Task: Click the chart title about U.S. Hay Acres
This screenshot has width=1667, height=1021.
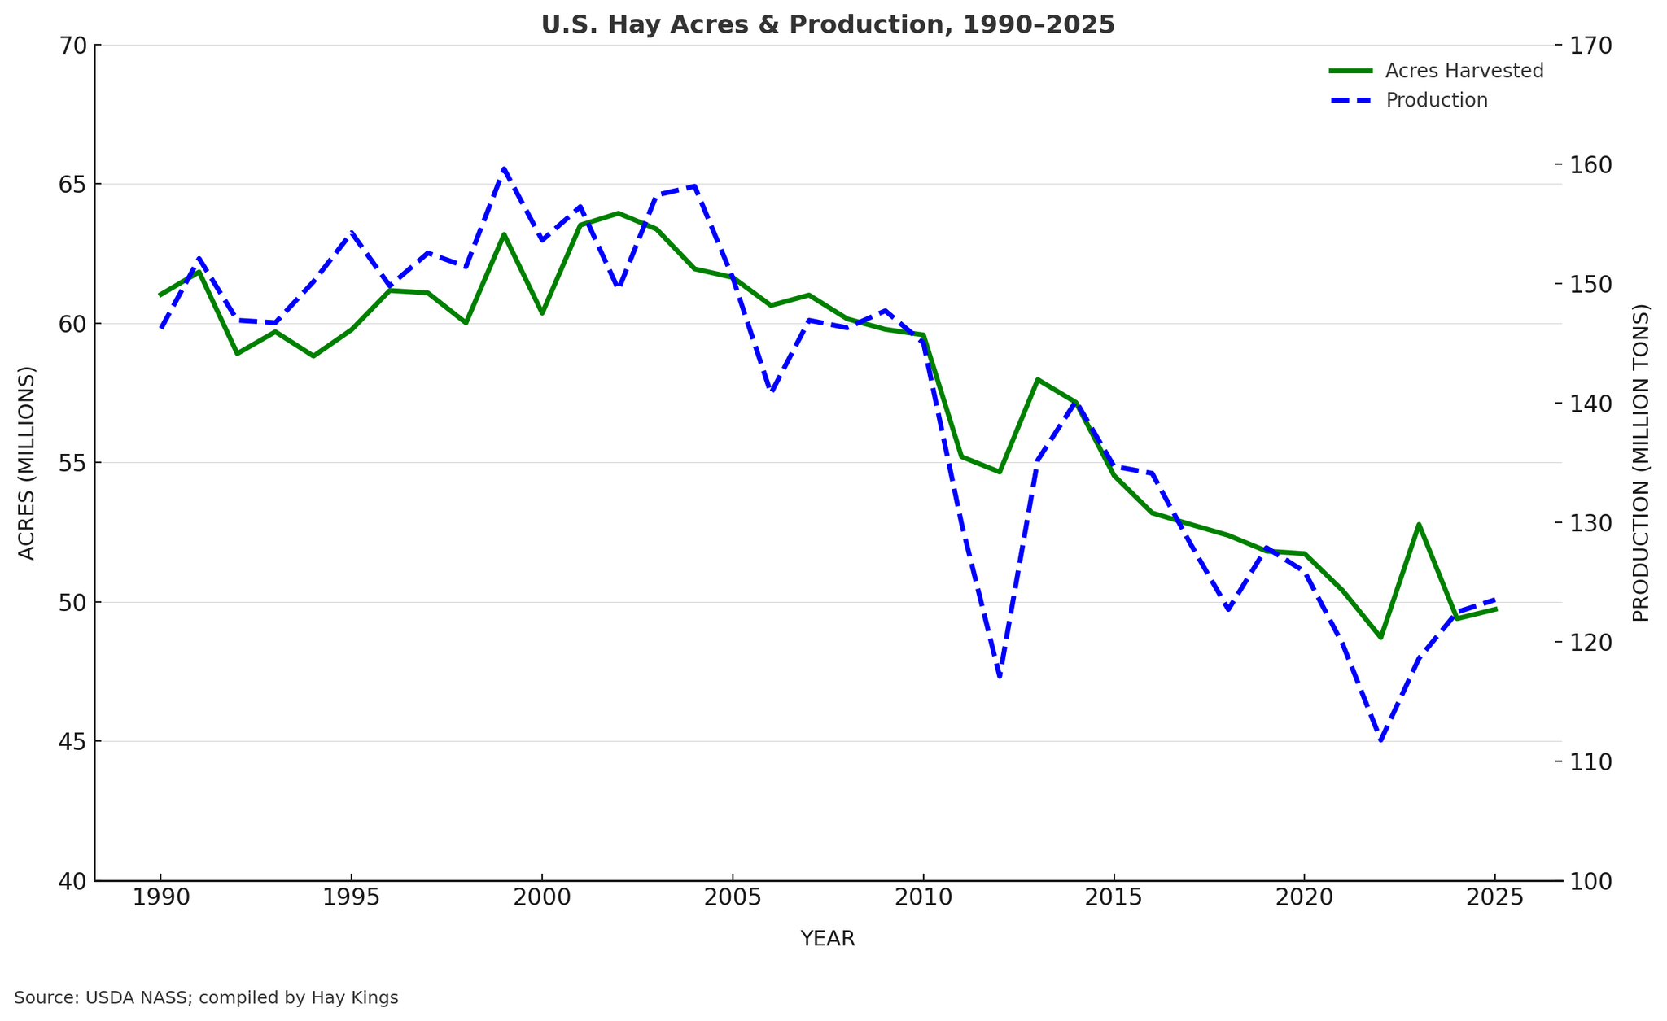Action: [x=828, y=25]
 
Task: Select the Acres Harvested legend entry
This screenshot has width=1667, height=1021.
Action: [x=1464, y=71]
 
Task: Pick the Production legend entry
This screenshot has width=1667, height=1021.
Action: [x=1436, y=101]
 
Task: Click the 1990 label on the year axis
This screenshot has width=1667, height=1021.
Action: [x=160, y=899]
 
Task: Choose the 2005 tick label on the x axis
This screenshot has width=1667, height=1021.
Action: [x=733, y=899]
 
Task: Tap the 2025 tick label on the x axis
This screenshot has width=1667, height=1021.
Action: [x=1494, y=899]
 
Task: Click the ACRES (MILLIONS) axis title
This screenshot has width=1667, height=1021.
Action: [x=27, y=463]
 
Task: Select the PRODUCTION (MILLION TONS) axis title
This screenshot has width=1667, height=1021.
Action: [x=1641, y=463]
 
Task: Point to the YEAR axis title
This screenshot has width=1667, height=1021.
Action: [x=828, y=940]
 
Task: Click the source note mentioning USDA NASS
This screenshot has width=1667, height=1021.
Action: [x=206, y=998]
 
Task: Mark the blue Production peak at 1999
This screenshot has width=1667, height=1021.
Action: [x=504, y=168]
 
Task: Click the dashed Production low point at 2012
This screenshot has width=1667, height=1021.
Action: [x=1000, y=677]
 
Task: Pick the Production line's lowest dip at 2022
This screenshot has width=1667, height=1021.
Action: [x=1380, y=740]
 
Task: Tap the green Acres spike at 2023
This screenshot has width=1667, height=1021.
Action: [x=1419, y=525]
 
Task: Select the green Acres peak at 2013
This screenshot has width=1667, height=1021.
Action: [x=1037, y=379]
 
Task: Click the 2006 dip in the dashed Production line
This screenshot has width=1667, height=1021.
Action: [x=771, y=391]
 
